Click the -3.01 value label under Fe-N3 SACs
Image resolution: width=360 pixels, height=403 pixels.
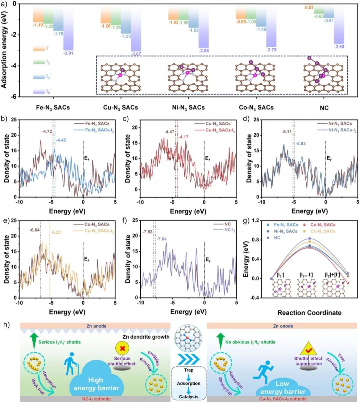tap(68, 53)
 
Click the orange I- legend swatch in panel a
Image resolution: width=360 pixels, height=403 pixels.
tap(39, 49)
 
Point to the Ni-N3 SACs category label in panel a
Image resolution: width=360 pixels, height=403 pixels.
tap(189, 107)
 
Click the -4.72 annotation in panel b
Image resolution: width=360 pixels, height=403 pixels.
tap(47, 132)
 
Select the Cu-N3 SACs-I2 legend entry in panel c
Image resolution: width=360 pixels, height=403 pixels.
tap(220, 130)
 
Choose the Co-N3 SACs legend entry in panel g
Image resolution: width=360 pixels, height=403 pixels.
tap(323, 231)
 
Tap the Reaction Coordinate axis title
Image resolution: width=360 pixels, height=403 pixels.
tap(309, 313)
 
